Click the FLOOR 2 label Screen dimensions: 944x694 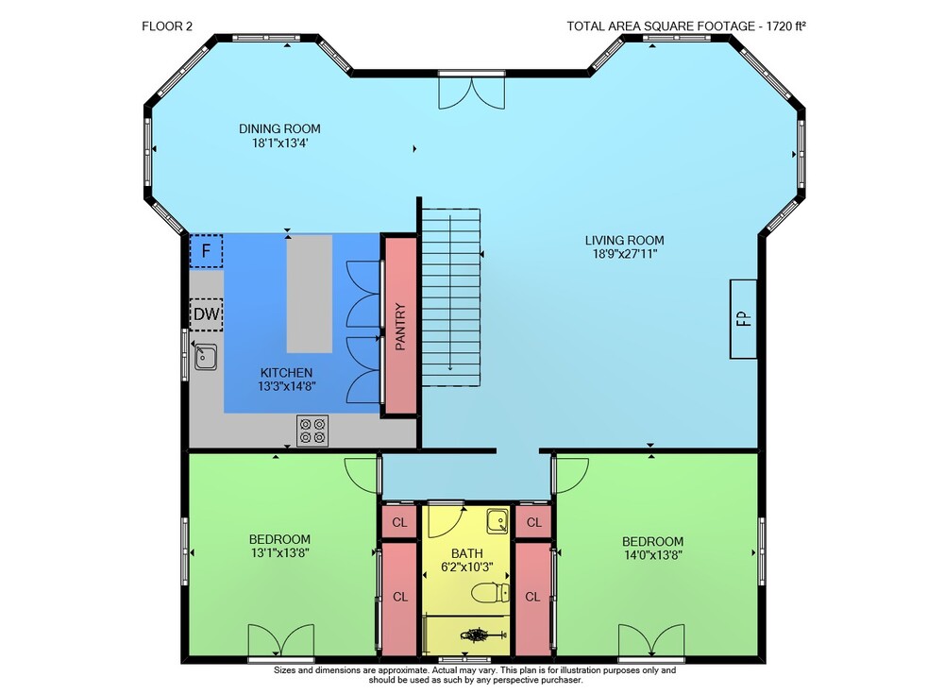coord(167,25)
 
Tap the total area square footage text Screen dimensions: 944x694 coord(686,25)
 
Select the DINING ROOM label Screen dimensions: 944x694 coord(279,128)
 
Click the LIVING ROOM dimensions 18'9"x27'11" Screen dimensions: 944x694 coord(624,254)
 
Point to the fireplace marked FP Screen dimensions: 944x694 coord(744,319)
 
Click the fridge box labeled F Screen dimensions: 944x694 coord(206,250)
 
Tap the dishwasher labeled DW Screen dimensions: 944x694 coord(206,314)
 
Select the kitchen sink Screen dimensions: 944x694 coord(205,357)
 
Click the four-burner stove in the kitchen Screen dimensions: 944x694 coord(312,431)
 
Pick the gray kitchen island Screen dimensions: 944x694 coord(309,294)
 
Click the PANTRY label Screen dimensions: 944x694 coord(400,327)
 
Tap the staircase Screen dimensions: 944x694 coord(451,297)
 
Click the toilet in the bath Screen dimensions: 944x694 coord(490,592)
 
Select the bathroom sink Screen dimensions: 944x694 coord(497,521)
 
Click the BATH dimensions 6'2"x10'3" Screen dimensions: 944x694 coord(467,567)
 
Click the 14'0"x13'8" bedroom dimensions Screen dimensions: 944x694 coord(652,555)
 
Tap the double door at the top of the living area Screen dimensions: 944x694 coord(471,92)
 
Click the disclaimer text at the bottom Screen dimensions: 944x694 coord(475,675)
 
